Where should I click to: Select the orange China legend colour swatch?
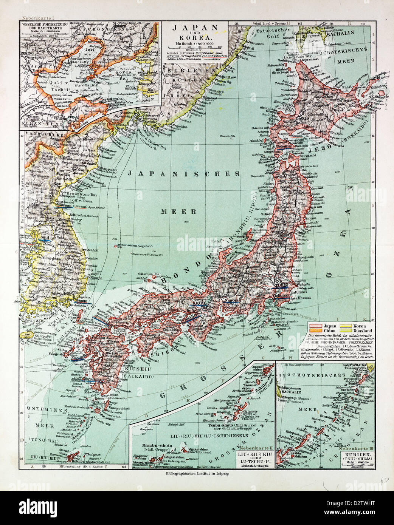click(315, 330)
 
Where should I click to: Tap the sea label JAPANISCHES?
click(184, 174)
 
